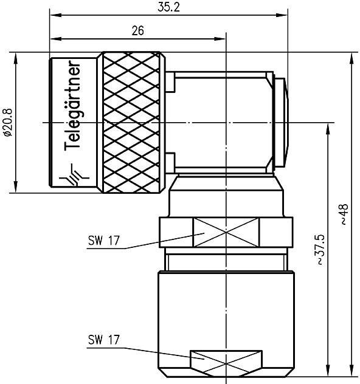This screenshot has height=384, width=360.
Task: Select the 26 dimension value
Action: pyautogui.click(x=137, y=32)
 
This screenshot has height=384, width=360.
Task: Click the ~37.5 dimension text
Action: pyautogui.click(x=320, y=250)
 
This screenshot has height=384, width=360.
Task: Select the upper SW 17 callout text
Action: pyautogui.click(x=103, y=241)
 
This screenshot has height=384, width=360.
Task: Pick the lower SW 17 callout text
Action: pyautogui.click(x=103, y=338)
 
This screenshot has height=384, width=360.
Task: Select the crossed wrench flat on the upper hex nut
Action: pyautogui.click(x=226, y=233)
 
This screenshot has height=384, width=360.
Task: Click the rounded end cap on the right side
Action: pyautogui.click(x=280, y=123)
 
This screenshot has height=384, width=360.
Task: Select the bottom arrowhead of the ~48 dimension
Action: pyautogui.click(x=351, y=375)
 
